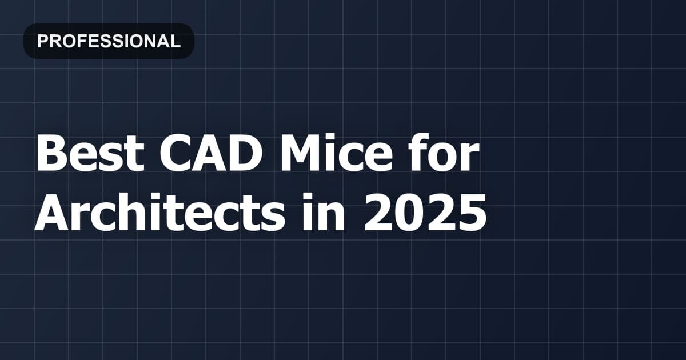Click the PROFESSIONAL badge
pos(109,41)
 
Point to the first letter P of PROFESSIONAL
pos(41,41)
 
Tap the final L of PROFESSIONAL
pos(176,41)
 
